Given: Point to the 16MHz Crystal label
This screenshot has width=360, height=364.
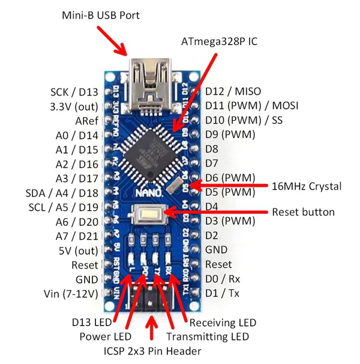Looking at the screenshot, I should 307,186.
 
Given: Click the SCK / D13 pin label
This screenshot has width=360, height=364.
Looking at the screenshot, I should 74,92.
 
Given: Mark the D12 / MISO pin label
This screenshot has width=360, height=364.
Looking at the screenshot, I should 233,91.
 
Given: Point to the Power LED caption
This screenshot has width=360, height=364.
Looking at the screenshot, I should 104,337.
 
